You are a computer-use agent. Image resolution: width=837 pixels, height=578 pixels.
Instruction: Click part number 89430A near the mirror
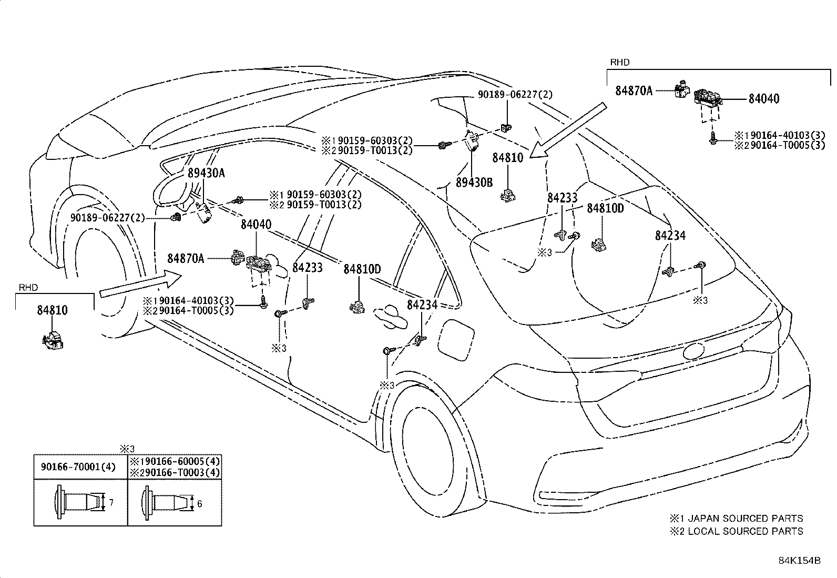coord(206,173)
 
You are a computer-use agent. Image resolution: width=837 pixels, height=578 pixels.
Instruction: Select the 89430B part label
coord(474,182)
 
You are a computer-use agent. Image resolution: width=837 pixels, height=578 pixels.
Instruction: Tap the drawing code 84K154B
coord(799,561)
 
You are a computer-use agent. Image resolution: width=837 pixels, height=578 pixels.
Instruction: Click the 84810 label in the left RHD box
coord(52,310)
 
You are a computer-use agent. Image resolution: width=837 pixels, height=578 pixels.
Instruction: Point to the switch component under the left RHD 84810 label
coord(53,340)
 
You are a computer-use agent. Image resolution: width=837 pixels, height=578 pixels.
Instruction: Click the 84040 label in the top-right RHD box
coord(763,99)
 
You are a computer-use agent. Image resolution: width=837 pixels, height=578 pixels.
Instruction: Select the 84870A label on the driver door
coord(186,258)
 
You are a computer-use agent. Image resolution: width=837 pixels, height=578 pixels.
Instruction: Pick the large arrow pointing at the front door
coord(139,285)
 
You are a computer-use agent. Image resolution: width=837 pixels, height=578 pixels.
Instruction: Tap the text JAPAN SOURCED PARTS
coord(745,519)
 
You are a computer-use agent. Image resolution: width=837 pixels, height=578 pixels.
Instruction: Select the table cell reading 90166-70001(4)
coord(78,467)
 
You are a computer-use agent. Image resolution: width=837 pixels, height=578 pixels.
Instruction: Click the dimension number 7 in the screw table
coord(111,503)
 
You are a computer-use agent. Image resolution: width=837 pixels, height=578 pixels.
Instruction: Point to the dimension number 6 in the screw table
coord(200,504)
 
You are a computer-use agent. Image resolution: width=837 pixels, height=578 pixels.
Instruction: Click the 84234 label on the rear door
coord(423,305)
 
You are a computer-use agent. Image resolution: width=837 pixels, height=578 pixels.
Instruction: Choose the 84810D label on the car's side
coord(362,269)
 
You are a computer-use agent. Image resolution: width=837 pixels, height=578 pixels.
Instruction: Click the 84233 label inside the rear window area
coord(562,198)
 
